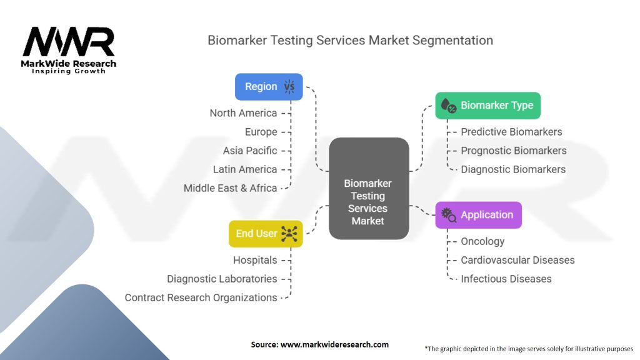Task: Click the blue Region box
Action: coord(269,86)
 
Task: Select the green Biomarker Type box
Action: coord(487,105)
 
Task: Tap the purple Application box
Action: coord(478,215)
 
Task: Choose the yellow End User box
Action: coord(266,234)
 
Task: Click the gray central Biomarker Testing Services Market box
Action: coord(369,188)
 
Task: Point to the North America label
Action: coord(243,113)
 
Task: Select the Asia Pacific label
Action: coord(250,151)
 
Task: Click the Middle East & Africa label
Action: coord(230,188)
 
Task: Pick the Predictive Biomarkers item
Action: coord(511,132)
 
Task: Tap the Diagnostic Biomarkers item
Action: coord(513,169)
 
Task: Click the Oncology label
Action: coord(482,242)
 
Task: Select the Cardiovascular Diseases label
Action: coord(517,260)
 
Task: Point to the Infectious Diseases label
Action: coord(506,279)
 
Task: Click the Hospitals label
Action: coord(255,260)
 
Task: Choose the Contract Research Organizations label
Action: coord(201,297)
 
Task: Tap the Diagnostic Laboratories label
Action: coord(222,279)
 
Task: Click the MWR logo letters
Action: coord(69,42)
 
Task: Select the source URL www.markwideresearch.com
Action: coord(334,344)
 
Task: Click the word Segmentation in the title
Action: coord(452,41)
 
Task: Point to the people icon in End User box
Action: coord(289,234)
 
